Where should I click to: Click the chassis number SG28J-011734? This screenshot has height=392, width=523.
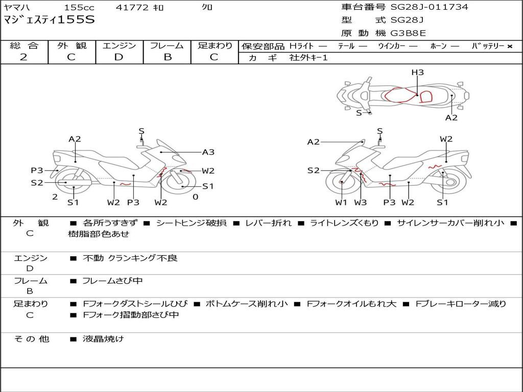[429, 7]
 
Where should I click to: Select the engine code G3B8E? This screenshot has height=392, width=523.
[408, 33]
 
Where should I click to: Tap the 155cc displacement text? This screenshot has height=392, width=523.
[79, 7]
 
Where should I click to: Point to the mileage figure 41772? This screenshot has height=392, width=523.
[132, 7]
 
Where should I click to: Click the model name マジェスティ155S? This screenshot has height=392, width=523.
[49, 20]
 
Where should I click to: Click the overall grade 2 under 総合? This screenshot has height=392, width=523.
[23, 57]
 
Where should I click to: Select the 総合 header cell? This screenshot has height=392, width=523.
[24, 45]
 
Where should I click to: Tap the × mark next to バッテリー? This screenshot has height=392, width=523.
[510, 46]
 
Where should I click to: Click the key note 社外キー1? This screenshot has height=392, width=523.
[308, 58]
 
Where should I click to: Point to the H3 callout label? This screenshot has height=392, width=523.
[417, 72]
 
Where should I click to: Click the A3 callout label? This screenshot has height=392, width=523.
[208, 152]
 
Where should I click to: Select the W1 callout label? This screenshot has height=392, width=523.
[341, 202]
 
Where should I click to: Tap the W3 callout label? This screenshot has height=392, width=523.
[360, 202]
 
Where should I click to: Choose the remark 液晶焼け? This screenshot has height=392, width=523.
[103, 339]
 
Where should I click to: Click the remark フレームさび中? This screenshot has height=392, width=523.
[112, 281]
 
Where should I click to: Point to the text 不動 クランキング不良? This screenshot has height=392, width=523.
[130, 258]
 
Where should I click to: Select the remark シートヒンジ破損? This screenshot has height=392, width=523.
[192, 223]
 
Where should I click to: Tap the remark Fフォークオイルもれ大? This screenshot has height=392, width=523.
[351, 304]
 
